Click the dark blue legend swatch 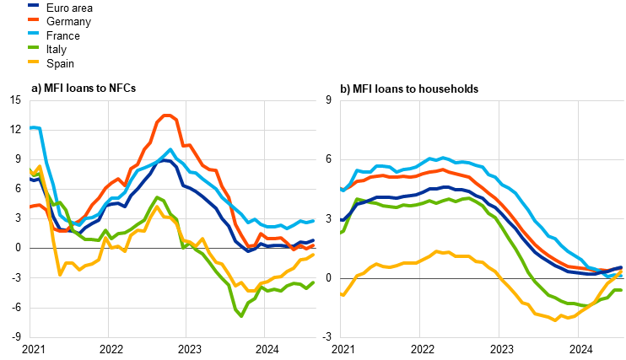point(33,5)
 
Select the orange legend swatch point(33,19)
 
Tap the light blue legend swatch point(33,33)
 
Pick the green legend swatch point(33,47)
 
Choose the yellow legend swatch point(33,62)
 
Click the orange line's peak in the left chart point(167,116)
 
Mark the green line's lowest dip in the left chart point(241,315)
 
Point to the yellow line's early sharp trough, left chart point(60,273)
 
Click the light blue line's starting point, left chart point(30,128)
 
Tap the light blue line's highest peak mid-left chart point(170,150)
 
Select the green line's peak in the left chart point(156,197)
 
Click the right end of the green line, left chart point(314,282)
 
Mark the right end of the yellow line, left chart point(314,254)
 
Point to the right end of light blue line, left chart point(314,220)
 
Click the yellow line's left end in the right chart point(342,295)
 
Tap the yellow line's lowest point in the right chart point(555,320)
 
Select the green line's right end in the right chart point(622,290)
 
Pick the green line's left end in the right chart point(342,232)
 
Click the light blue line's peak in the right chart point(442,158)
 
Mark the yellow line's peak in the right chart point(436,251)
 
